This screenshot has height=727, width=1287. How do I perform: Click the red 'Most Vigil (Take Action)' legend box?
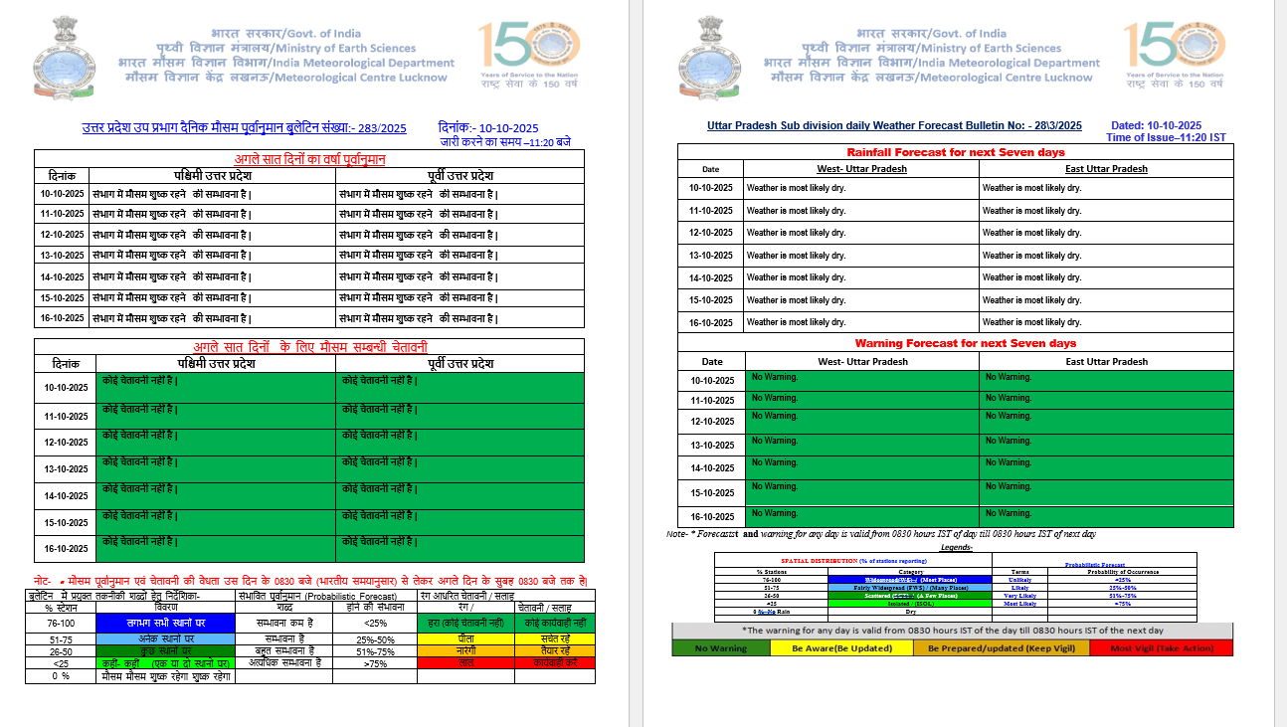pos(1161,647)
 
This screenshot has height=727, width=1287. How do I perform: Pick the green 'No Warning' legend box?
pos(721,647)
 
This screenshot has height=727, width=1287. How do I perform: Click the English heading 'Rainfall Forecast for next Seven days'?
pos(955,152)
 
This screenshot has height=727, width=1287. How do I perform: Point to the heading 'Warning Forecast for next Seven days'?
pos(955,343)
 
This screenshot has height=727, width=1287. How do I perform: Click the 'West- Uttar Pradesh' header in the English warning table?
pos(862,362)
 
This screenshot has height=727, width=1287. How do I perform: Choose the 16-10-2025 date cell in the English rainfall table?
pos(710,322)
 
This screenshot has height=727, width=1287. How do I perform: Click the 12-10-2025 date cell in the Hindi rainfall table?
pos(62,235)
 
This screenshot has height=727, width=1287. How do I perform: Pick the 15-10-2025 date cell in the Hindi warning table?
pos(65,522)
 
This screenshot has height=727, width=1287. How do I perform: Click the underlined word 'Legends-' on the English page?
pos(956,547)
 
